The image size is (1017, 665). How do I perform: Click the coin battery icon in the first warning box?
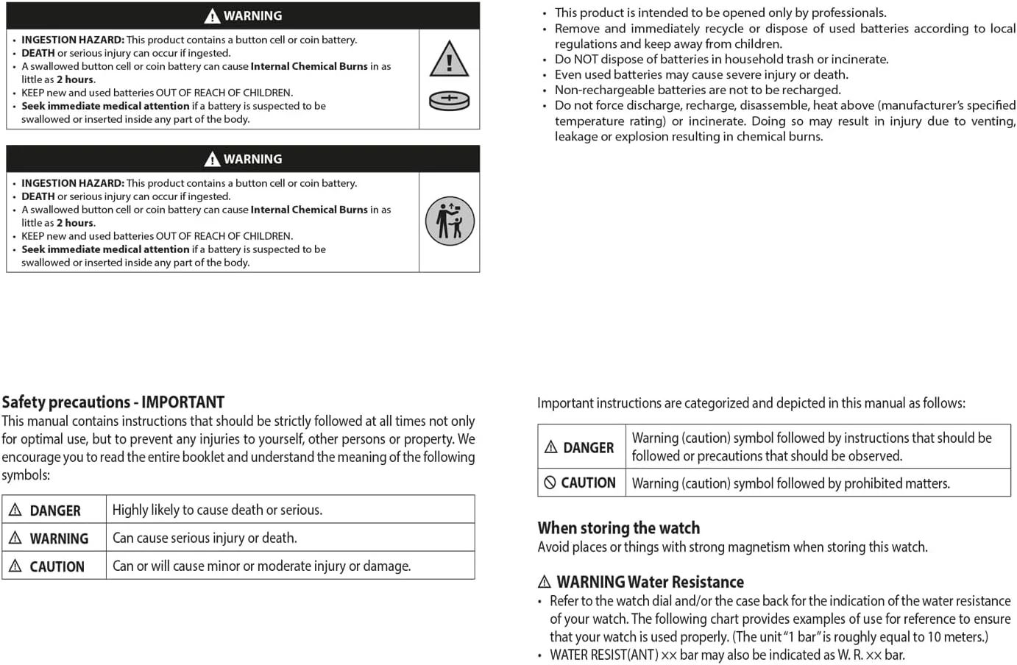point(449,101)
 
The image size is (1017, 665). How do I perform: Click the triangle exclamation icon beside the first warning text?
point(449,60)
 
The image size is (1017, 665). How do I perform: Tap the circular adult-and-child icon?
point(450,221)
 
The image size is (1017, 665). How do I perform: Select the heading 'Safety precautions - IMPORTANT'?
point(113,402)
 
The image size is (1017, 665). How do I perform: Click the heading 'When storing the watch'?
point(618,527)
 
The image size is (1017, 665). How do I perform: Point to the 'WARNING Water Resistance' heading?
point(649,582)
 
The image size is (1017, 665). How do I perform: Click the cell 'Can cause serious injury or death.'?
point(205,538)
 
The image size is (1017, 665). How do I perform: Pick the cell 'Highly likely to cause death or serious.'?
point(217,510)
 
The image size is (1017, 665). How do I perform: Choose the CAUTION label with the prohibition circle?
point(588,483)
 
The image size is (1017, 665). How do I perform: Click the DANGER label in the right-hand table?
point(587,447)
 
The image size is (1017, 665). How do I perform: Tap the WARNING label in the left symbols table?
point(59,538)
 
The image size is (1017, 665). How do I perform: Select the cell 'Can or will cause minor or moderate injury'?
point(261,566)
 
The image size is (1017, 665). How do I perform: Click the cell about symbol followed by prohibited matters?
point(790,483)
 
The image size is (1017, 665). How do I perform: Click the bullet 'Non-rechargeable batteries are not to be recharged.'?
point(697,90)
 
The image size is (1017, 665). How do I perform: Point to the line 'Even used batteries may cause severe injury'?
point(701,74)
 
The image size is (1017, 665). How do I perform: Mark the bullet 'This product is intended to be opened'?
point(720,13)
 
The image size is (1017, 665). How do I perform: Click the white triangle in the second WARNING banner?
point(212,159)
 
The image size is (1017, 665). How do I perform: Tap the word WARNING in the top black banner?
point(252,15)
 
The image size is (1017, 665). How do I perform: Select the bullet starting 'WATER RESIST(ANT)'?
point(726,655)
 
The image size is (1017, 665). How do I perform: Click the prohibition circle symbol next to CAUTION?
point(550,483)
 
